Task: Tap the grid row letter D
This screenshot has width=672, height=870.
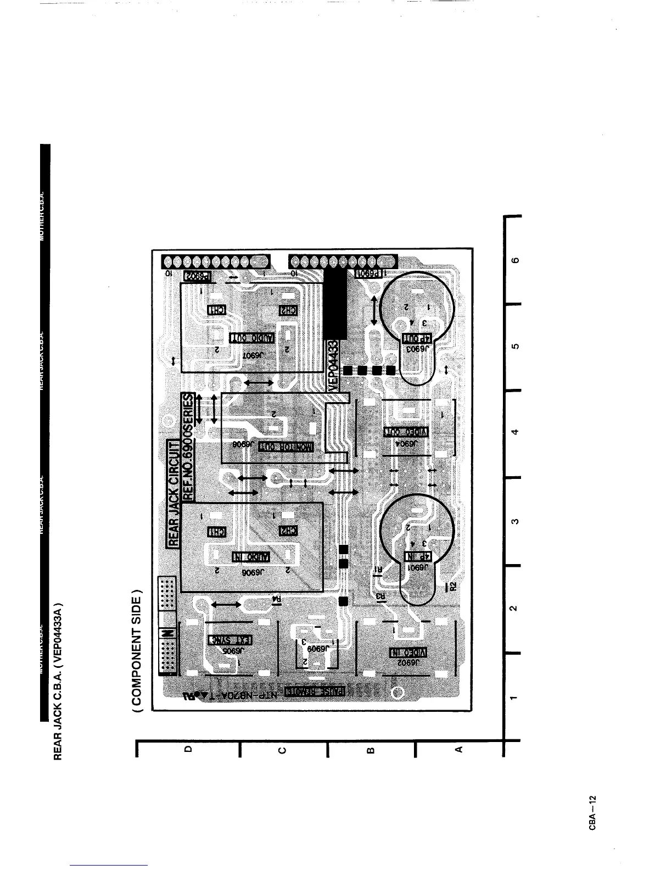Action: [x=188, y=749]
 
